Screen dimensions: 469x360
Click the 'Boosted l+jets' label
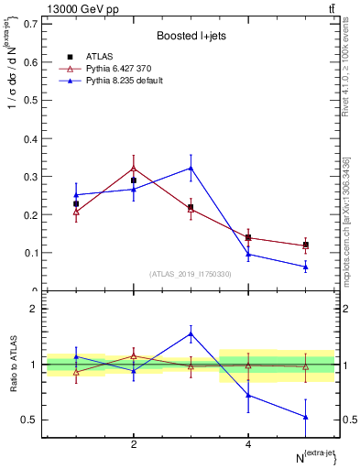(x=190, y=36)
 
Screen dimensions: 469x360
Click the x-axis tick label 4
(x=248, y=444)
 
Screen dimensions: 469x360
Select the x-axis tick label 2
(x=134, y=444)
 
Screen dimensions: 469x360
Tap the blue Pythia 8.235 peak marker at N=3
(x=191, y=168)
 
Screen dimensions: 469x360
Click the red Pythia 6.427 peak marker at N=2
(x=134, y=169)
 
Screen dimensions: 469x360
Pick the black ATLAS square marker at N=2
(x=134, y=180)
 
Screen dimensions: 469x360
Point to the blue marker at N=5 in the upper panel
(x=305, y=267)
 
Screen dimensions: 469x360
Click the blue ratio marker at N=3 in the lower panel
(x=191, y=333)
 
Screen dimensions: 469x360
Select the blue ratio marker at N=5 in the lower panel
(x=305, y=417)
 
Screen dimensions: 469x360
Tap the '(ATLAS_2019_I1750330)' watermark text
(x=191, y=274)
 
